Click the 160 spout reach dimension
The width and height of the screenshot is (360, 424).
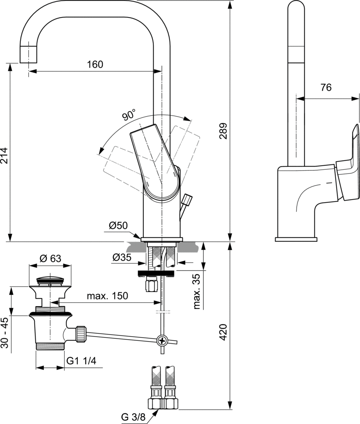click(95, 64)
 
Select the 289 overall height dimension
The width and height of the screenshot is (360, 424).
click(223, 131)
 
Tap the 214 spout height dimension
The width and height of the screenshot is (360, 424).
click(5, 156)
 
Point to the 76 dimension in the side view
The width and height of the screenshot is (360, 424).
click(326, 87)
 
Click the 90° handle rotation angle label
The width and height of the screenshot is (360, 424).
click(129, 115)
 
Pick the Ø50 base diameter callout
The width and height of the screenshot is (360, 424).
click(118, 225)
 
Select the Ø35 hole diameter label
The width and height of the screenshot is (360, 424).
click(122, 257)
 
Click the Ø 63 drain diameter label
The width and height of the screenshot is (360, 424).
click(50, 258)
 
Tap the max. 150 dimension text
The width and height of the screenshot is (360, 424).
click(107, 296)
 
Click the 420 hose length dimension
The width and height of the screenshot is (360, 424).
click(223, 332)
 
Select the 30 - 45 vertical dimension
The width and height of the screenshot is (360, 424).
click(5, 332)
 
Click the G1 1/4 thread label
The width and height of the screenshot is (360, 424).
click(81, 361)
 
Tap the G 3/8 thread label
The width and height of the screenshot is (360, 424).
click(133, 417)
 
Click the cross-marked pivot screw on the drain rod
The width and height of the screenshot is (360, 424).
click(162, 340)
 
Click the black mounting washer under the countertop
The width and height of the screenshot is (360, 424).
click(156, 273)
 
